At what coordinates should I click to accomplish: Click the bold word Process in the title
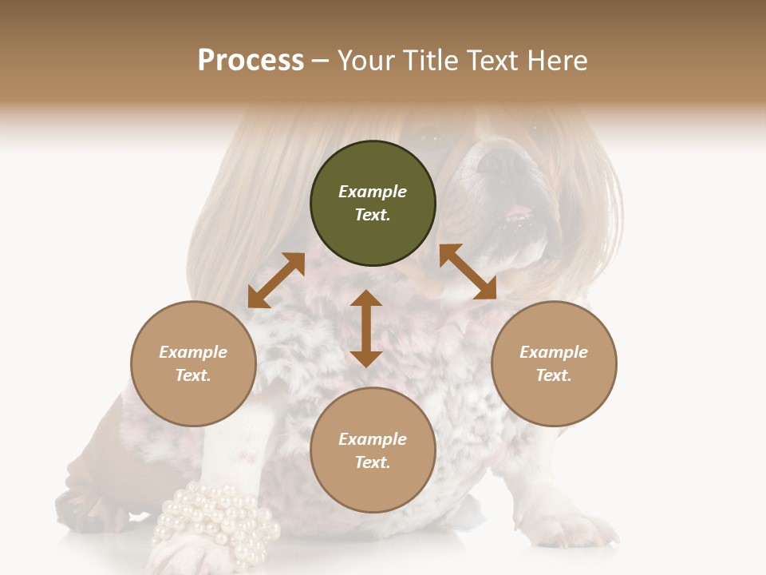(251, 61)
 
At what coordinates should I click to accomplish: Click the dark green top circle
(373, 203)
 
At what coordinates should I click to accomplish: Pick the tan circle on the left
(193, 363)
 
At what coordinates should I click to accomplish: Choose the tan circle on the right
(554, 363)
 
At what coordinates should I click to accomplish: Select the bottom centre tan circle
(373, 450)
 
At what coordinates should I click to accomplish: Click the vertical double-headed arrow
(366, 328)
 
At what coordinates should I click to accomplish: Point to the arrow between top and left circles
(276, 280)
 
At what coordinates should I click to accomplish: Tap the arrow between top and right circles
(468, 272)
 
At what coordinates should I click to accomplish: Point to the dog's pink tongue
(519, 213)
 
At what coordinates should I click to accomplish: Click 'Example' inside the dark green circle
(373, 192)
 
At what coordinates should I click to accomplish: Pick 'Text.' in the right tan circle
(554, 375)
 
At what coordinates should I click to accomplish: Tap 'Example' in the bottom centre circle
(373, 439)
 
